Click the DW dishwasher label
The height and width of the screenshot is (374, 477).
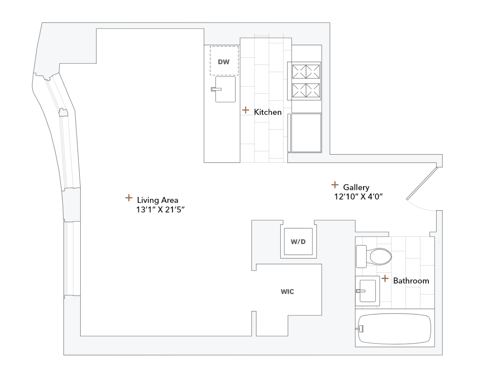pyautogui.click(x=224, y=62)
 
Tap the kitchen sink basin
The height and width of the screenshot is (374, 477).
pyautogui.click(x=226, y=89)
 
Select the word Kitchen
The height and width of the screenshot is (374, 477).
pyautogui.click(x=268, y=112)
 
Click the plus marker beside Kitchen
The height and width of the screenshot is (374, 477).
pyautogui.click(x=245, y=110)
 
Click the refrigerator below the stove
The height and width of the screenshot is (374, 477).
pyautogui.click(x=306, y=133)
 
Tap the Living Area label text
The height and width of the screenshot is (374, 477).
pyautogui.click(x=157, y=200)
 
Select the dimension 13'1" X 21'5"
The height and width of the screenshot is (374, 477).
pyautogui.click(x=160, y=209)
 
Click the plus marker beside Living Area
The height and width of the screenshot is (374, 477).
pyautogui.click(x=129, y=198)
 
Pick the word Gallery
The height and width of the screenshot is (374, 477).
pyautogui.click(x=356, y=187)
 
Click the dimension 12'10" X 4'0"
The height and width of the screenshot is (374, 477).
pyautogui.click(x=358, y=196)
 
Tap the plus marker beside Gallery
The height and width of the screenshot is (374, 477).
pyautogui.click(x=335, y=185)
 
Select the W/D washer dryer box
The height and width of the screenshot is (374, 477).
pyautogui.click(x=298, y=242)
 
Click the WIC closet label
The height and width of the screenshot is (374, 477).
pyautogui.click(x=287, y=292)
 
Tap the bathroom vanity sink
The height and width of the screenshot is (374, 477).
pyautogui.click(x=367, y=291)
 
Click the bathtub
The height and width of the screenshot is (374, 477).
pyautogui.click(x=395, y=329)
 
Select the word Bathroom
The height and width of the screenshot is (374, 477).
pyautogui.click(x=411, y=280)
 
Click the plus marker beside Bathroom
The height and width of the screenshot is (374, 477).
pyautogui.click(x=385, y=278)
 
